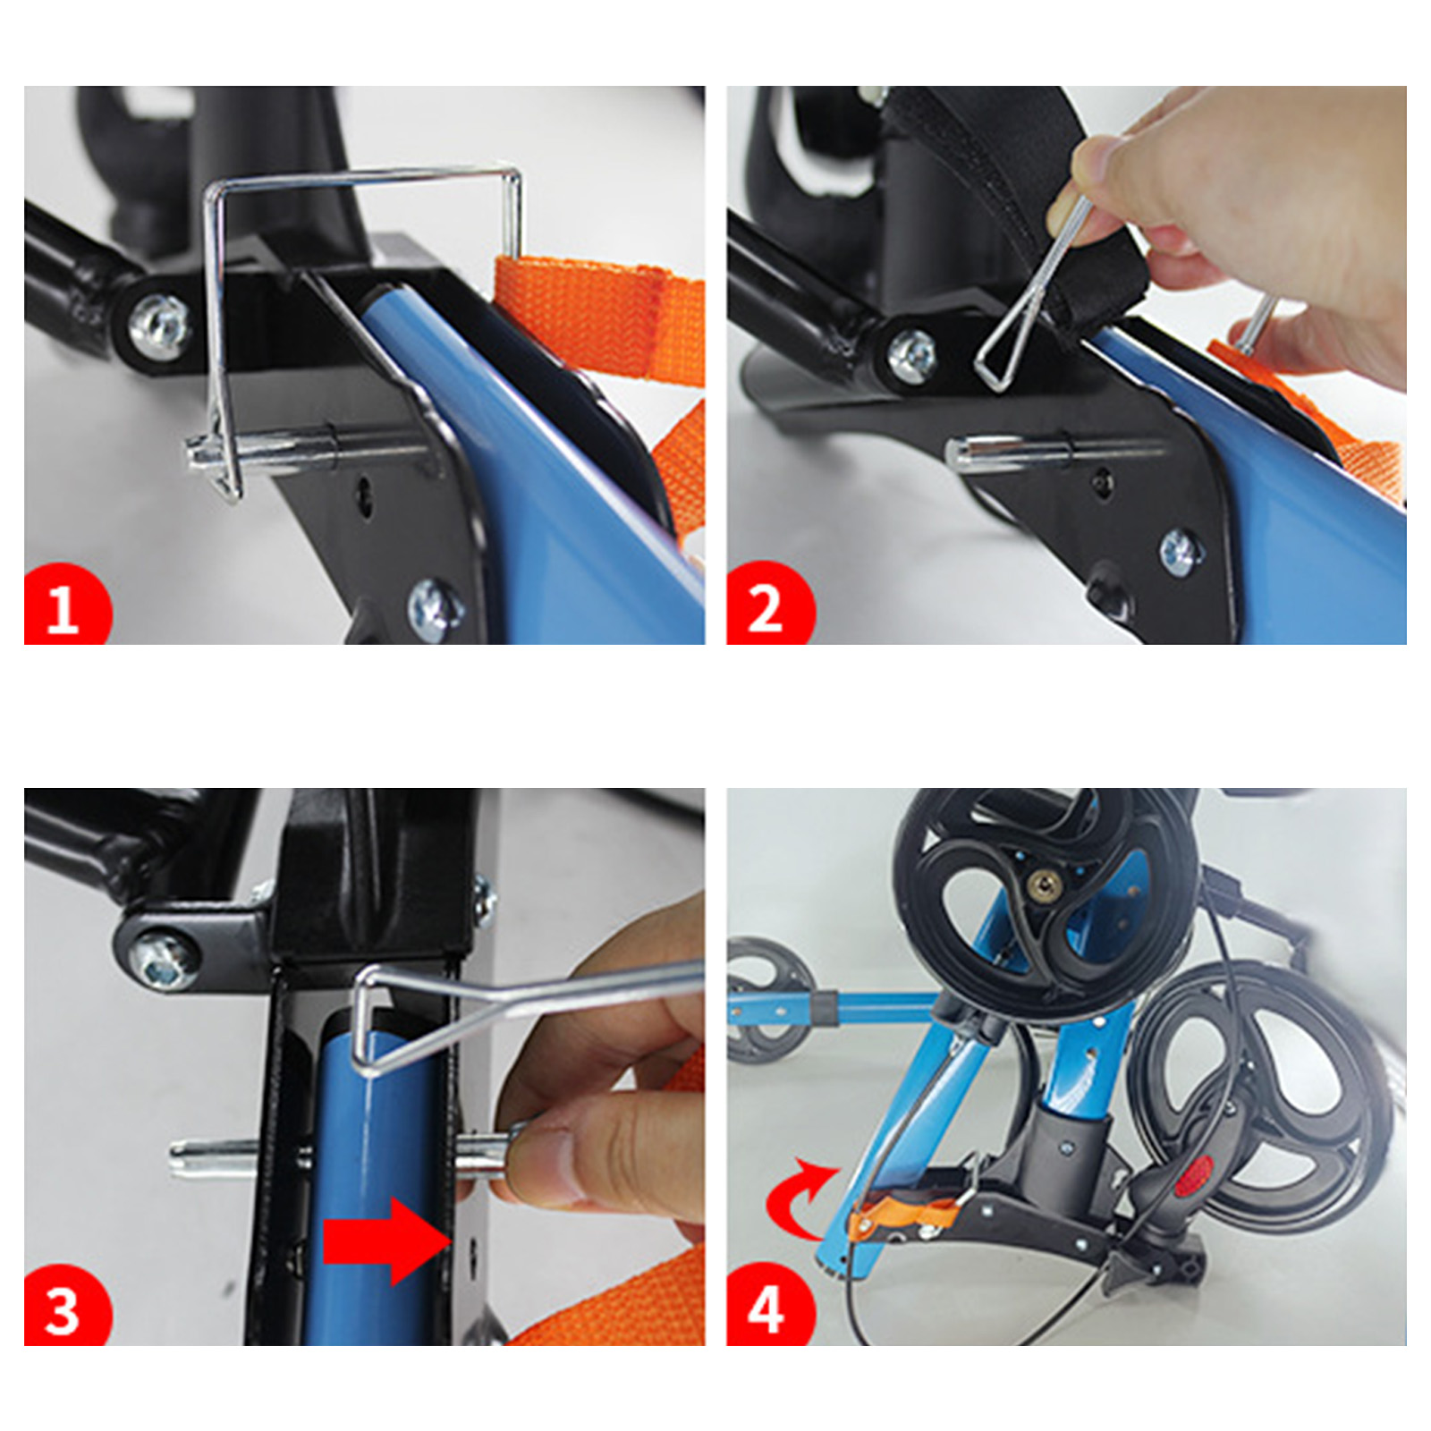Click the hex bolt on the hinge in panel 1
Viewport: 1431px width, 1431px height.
tap(160, 326)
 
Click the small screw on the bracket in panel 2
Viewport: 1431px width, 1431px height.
tap(1179, 551)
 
